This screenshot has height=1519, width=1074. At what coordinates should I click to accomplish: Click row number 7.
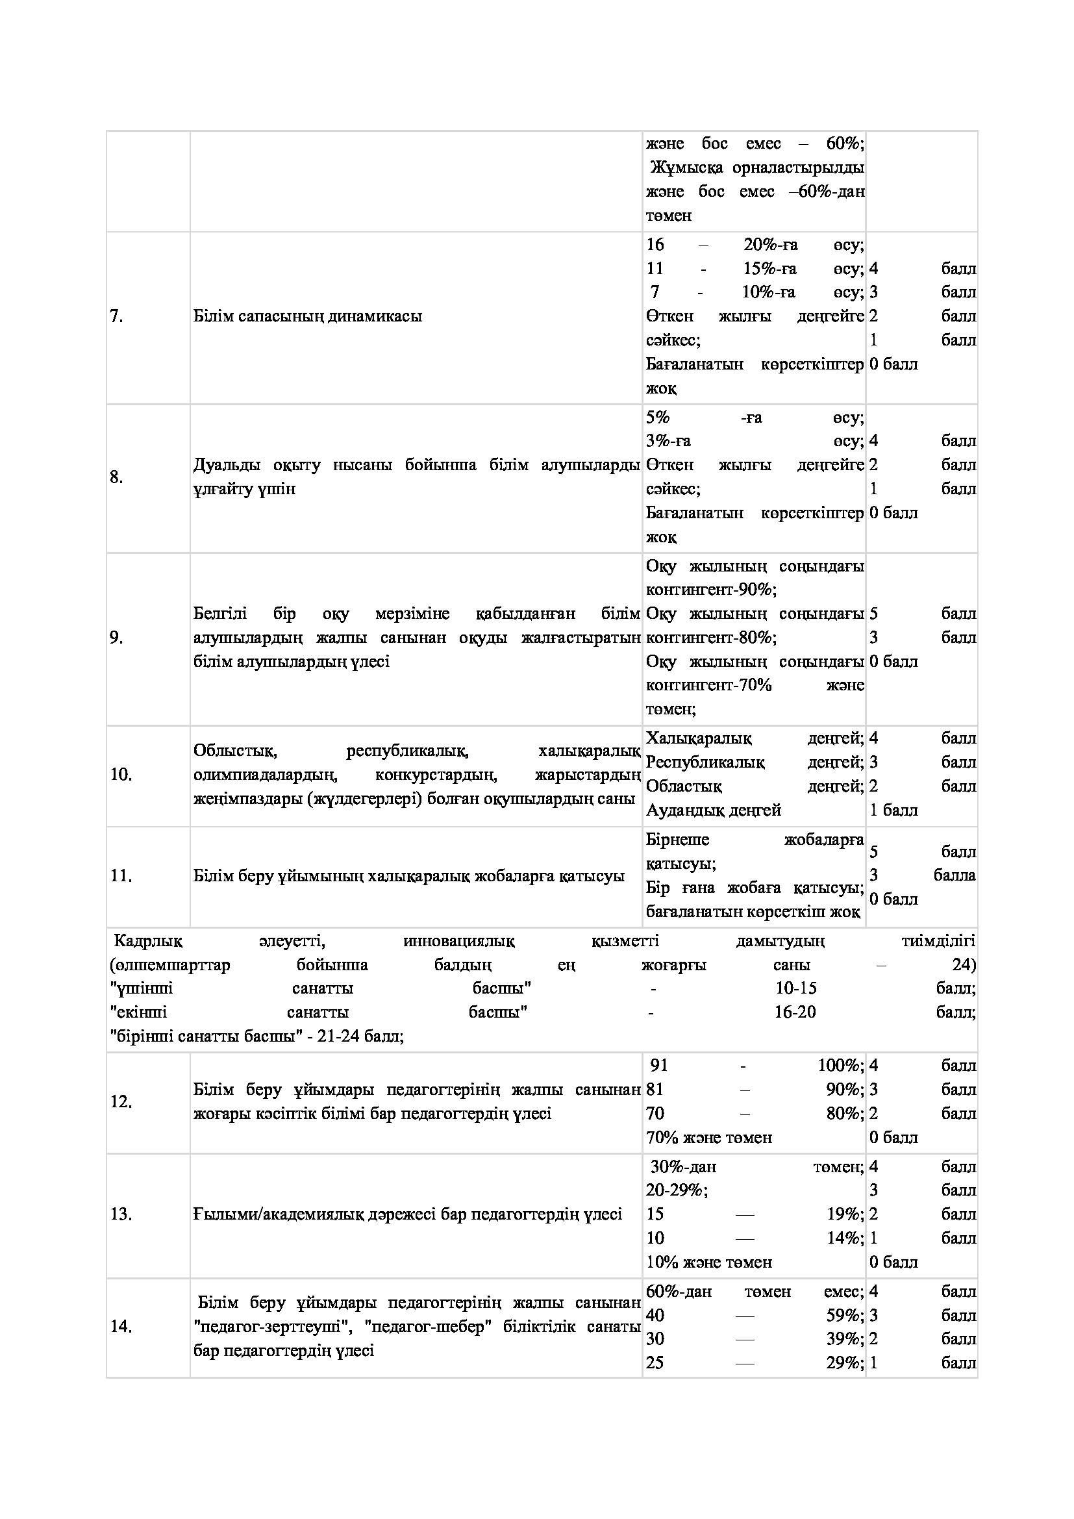[x=116, y=317]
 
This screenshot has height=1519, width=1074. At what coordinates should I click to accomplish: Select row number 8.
[x=116, y=477]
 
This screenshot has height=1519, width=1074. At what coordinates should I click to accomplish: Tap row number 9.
[x=116, y=638]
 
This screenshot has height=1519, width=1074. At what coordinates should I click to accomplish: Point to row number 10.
[x=121, y=774]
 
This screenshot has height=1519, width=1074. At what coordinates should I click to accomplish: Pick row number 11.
[x=121, y=876]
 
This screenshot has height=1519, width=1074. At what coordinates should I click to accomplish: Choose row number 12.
[x=121, y=1102]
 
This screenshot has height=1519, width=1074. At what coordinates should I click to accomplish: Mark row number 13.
[x=121, y=1214]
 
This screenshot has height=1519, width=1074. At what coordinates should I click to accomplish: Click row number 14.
[x=121, y=1327]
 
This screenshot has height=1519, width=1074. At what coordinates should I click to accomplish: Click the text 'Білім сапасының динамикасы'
[x=308, y=316]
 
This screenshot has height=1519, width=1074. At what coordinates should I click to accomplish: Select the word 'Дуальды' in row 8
[x=227, y=465]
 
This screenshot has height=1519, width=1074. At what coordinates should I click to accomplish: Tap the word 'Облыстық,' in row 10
[x=235, y=751]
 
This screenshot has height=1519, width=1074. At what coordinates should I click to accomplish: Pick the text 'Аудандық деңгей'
[x=714, y=810]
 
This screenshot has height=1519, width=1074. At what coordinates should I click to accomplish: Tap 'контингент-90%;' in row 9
[x=711, y=590]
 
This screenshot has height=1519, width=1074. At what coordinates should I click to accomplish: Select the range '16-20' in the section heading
[x=795, y=1012]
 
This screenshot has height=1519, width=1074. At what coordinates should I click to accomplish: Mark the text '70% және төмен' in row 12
[x=709, y=1138]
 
